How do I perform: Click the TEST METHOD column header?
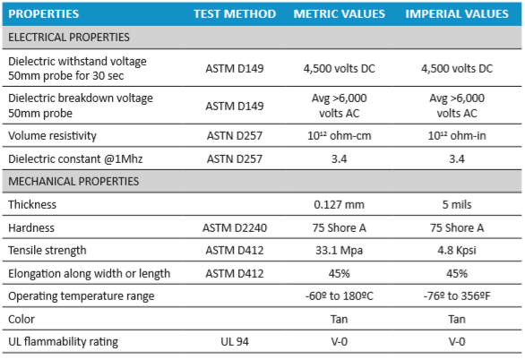235,13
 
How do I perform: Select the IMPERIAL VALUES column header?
457,13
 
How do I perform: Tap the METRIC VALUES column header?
340,13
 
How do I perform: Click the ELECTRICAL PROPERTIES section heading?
69,37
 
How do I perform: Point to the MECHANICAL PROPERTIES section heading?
73,181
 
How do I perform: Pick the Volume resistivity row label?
52,136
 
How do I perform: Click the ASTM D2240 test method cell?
235,227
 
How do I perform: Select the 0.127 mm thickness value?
339,204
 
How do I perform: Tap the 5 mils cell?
457,204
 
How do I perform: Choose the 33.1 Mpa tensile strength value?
339,251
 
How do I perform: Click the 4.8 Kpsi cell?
457,251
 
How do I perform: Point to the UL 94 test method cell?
235,341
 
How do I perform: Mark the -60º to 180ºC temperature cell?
339,296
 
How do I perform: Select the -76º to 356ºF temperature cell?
457,296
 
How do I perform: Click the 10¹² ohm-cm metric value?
339,136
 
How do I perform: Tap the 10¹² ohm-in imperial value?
457,136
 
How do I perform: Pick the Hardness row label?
31,227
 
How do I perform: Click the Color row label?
22,319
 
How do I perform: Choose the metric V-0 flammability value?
339,341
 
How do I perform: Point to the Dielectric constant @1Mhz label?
75,159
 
